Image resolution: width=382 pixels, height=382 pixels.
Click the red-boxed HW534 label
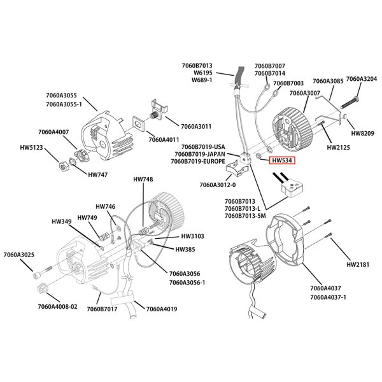281,161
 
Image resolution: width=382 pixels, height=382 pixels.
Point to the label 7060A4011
165,139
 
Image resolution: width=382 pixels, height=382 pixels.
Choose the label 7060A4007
53,132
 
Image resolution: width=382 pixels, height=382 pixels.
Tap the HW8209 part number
363,134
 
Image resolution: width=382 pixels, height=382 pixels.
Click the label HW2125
338,147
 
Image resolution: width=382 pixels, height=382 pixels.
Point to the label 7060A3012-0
217,185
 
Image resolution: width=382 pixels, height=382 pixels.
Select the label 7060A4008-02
57,306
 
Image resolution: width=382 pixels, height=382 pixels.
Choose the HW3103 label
185,236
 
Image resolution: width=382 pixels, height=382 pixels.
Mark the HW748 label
143,180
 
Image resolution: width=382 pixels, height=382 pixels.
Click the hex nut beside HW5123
64,167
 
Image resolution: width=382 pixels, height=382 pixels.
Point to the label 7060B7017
103,309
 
